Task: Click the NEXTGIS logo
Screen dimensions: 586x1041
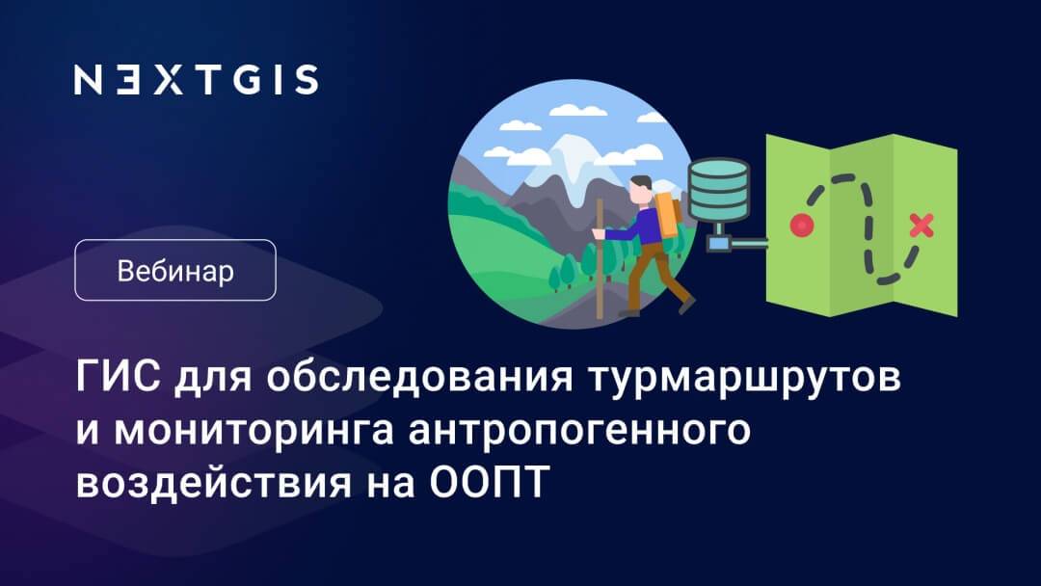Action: point(196,80)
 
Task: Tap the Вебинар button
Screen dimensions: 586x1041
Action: point(175,271)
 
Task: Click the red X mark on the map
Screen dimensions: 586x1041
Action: point(921,226)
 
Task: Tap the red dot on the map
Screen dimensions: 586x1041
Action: point(799,226)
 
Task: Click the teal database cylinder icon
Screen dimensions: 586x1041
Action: point(718,189)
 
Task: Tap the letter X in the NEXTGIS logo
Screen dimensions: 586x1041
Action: point(170,80)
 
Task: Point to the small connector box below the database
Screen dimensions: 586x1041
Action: point(720,243)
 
